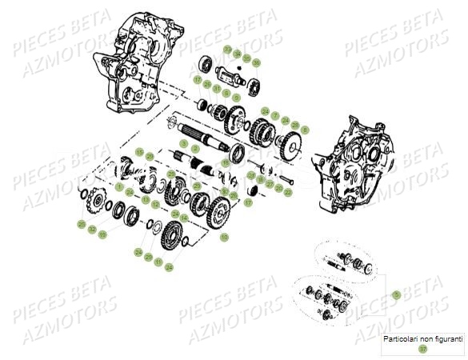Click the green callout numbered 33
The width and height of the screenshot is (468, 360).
227,50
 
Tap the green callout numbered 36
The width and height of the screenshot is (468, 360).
256,62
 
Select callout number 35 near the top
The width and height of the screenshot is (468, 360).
246,58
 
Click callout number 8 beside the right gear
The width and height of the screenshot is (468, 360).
305,129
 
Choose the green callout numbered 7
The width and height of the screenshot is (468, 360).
275,116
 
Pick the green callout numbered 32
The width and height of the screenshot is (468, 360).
92,229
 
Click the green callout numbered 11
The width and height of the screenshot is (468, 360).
158,262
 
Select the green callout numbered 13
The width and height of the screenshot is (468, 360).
146,199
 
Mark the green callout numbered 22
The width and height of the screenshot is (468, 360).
288,192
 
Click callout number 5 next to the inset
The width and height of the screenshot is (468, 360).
394,295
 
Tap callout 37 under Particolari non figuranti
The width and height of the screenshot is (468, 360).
422,349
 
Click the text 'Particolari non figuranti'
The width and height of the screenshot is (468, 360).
422,339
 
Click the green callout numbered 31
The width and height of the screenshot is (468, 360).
217,88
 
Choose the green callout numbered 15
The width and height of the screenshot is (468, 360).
139,152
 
